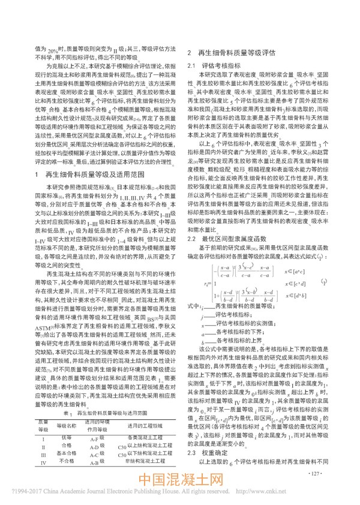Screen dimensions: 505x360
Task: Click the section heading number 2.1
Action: (192, 64)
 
